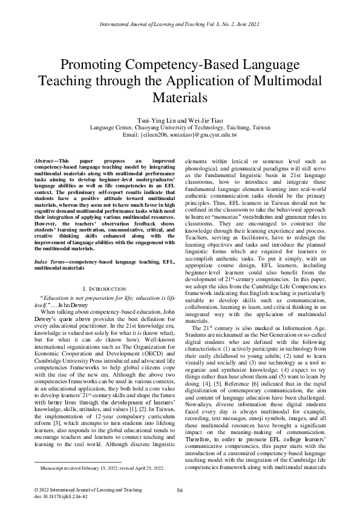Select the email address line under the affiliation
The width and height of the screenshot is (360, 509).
180,135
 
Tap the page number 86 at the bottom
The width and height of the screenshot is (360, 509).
180,490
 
